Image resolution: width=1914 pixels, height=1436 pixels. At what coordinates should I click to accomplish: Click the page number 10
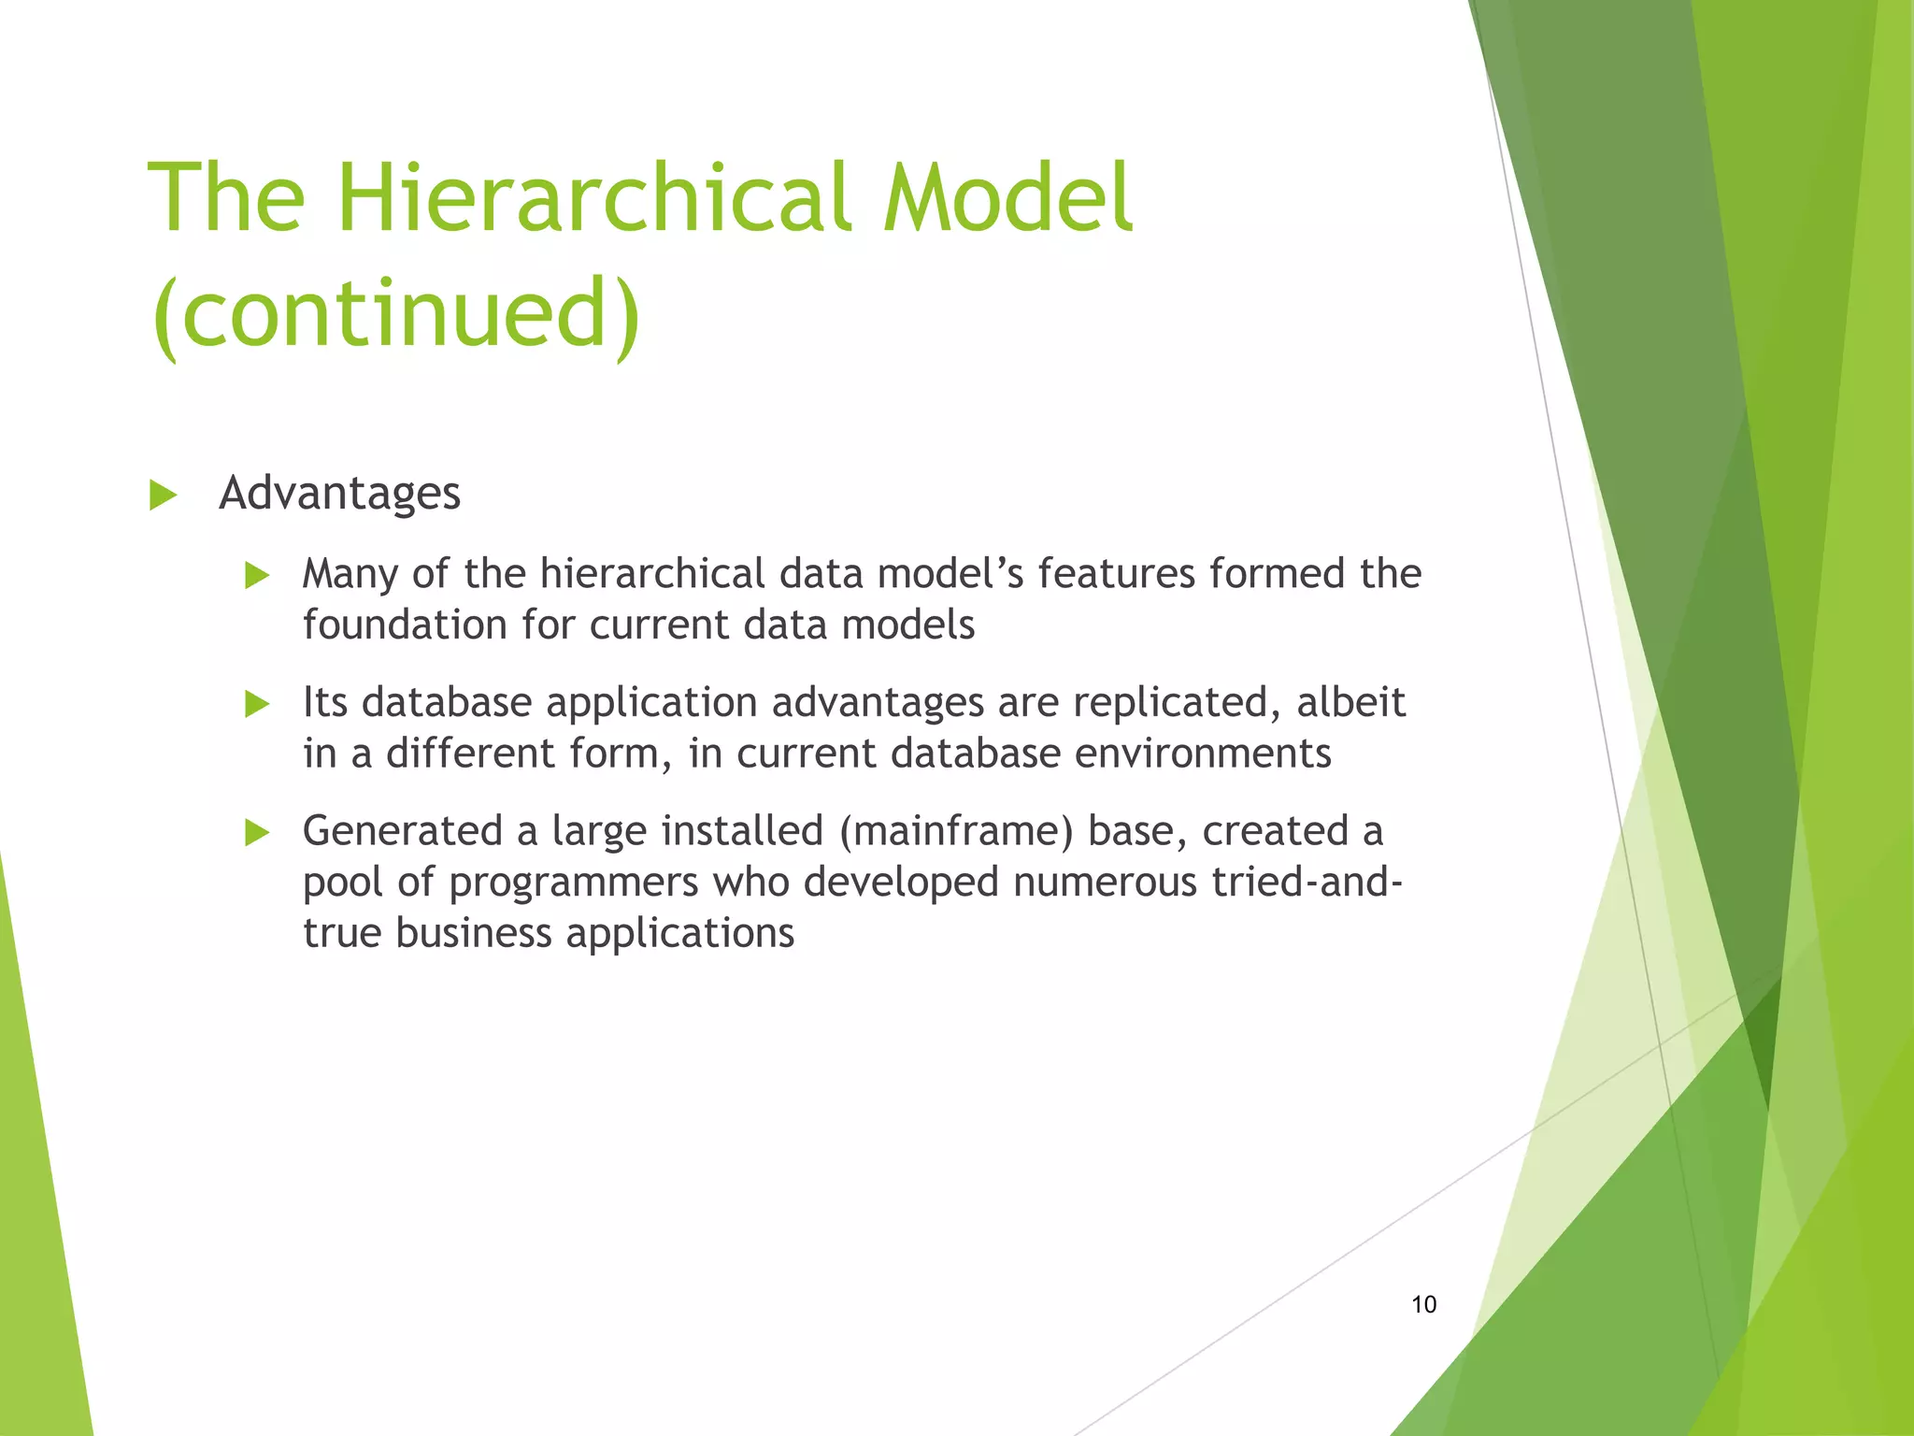pos(1423,1304)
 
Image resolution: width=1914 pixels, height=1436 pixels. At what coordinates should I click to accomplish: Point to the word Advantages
pos(339,493)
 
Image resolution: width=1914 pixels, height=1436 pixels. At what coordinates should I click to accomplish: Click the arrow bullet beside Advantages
pos(163,495)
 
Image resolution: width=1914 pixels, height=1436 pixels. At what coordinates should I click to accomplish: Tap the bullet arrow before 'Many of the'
pos(256,575)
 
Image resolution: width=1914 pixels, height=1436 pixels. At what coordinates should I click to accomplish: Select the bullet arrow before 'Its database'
pos(256,703)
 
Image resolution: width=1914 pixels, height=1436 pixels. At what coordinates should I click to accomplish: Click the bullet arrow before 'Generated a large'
pos(256,832)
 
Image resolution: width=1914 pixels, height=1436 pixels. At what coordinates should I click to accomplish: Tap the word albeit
pos(1350,702)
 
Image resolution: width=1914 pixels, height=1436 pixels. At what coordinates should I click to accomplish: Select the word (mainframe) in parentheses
pos(956,831)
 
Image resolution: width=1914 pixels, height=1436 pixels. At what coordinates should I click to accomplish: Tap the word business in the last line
pos(474,933)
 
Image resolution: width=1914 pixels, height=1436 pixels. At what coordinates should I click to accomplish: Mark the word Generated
pos(403,831)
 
